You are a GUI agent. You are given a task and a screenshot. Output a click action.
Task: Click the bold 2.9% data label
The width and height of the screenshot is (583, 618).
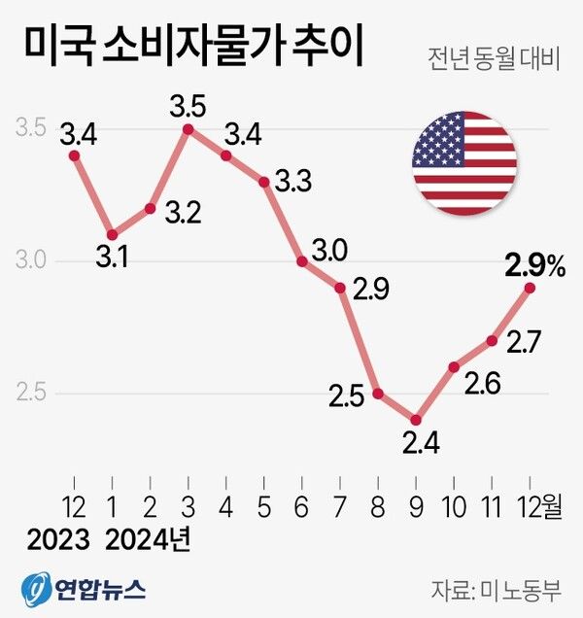[x=534, y=263]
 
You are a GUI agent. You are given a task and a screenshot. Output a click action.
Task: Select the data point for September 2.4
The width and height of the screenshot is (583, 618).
[x=416, y=420]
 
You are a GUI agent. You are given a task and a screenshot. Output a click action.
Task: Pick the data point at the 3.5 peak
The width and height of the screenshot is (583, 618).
[x=189, y=128]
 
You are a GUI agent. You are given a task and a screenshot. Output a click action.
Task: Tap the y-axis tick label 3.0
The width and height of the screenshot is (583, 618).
[x=32, y=261]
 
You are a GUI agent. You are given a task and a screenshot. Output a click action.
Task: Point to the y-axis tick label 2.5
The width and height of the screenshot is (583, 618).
[x=32, y=395]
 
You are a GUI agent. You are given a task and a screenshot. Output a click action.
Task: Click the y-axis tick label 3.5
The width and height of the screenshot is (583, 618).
[x=32, y=128]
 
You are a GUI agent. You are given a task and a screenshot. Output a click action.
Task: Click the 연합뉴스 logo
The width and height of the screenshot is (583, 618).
[x=84, y=588]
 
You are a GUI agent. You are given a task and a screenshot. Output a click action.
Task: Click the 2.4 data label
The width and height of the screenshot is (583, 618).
[x=419, y=446]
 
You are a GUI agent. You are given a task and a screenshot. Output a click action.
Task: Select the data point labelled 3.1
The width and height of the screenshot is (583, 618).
[x=113, y=234]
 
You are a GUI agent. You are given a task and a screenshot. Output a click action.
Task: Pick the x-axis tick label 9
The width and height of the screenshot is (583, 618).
[x=416, y=505]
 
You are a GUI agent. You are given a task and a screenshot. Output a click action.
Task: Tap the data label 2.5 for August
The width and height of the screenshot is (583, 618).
[x=347, y=396]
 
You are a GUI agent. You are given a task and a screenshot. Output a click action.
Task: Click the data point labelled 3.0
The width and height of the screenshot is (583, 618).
[x=302, y=261]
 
